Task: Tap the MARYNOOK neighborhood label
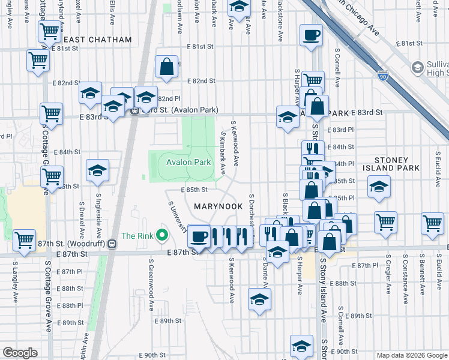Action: [218, 206]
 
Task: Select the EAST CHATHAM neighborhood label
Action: [97, 40]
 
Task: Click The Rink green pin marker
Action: [161, 235]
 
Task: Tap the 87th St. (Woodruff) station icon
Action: [112, 244]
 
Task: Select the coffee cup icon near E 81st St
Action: [310, 35]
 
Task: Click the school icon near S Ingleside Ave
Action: [97, 172]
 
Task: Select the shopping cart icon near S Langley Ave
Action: [25, 239]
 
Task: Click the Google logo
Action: [20, 353]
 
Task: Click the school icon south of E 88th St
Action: [259, 300]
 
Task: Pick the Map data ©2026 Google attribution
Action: [411, 355]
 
